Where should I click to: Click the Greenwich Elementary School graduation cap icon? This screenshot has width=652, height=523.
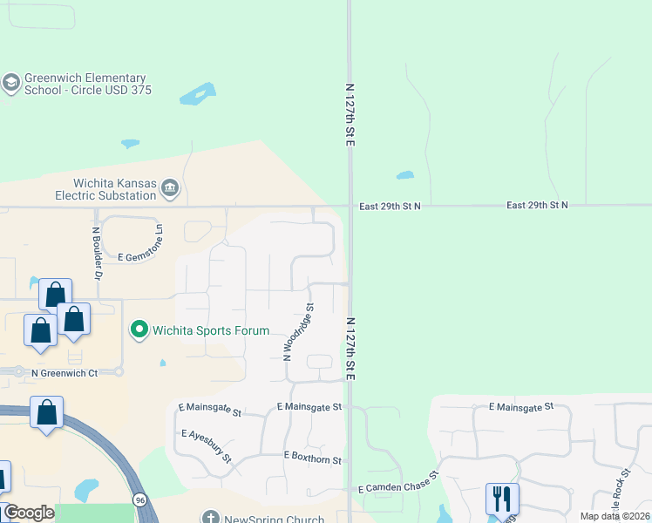[x=11, y=84]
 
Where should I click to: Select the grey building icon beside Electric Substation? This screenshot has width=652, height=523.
[x=171, y=187]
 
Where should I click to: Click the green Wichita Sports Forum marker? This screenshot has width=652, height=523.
[x=139, y=329]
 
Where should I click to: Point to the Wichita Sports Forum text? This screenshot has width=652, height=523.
[x=211, y=330]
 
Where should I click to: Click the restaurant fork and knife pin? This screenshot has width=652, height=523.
[x=502, y=499]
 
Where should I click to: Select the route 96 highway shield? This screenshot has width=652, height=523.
[x=139, y=499]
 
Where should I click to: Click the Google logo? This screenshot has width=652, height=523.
[x=29, y=513]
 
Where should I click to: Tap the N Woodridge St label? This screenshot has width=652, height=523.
[x=299, y=331]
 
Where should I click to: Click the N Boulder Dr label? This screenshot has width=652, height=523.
[x=98, y=253]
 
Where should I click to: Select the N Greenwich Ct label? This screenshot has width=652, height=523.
[x=65, y=372]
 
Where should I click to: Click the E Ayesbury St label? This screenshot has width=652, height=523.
[x=207, y=445]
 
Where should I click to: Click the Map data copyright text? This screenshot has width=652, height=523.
[x=615, y=516]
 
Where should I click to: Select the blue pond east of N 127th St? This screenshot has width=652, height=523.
[x=404, y=175]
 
